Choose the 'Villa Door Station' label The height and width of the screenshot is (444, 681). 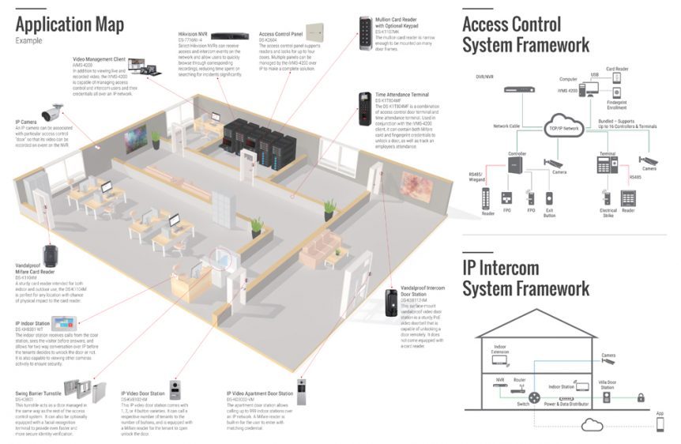(607, 383)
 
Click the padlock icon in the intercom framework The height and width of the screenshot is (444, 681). (641, 397)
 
